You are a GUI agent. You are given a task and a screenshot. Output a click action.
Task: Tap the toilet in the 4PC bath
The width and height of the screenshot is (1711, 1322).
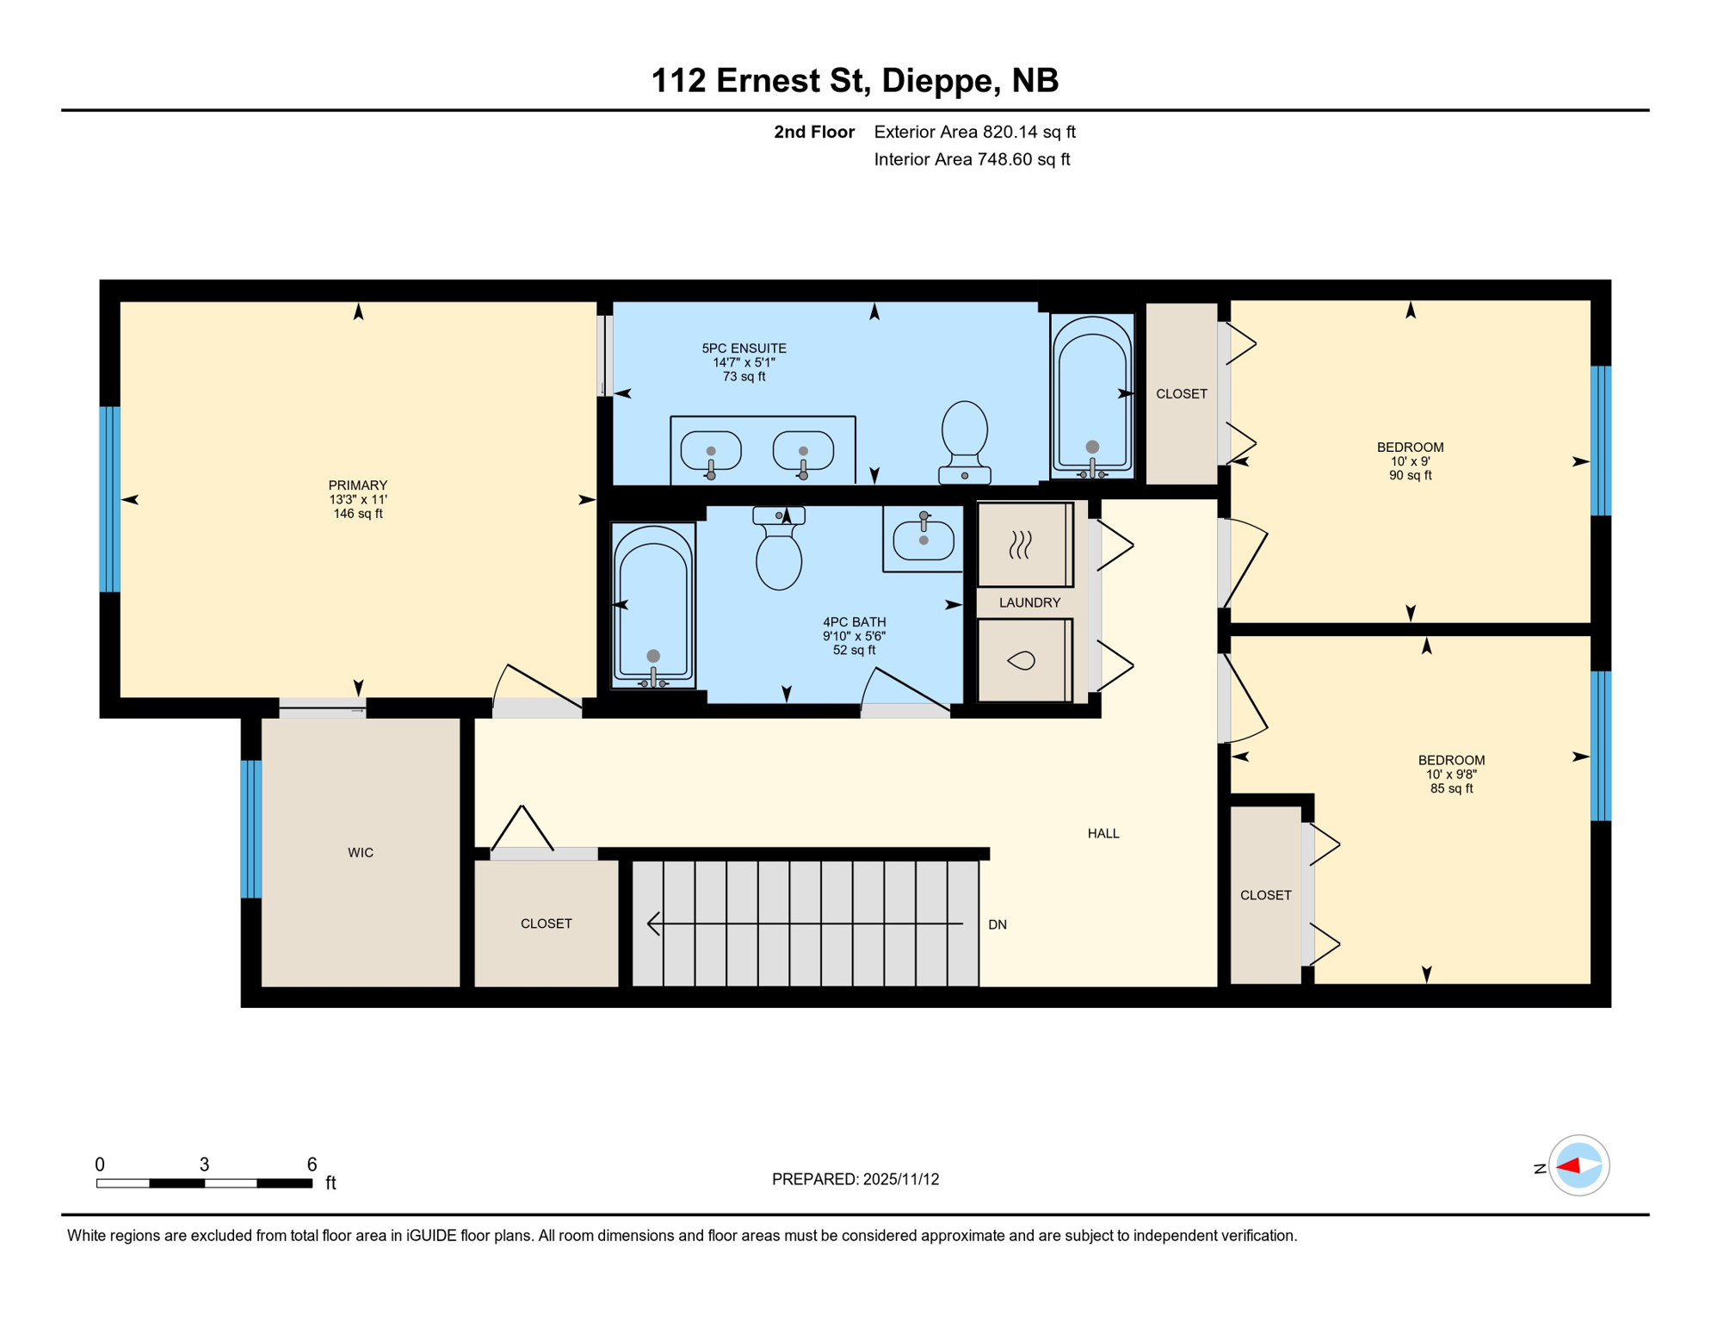[779, 551]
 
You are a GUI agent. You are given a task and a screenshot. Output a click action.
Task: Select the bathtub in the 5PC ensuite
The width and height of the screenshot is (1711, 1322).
[1092, 396]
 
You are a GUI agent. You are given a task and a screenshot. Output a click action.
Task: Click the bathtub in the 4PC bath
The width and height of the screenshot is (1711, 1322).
[653, 604]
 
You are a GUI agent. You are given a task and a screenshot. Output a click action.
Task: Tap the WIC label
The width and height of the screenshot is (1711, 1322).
[361, 853]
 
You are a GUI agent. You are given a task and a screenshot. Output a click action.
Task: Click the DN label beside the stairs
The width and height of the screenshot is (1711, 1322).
[998, 925]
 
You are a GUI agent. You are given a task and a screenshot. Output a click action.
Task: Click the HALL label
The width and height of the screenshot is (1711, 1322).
[1103, 834]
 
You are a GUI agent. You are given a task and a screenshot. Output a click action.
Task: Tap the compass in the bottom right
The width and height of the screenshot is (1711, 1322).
[1578, 1166]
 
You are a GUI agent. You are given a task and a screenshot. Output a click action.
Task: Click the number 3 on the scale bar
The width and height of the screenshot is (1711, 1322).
[204, 1164]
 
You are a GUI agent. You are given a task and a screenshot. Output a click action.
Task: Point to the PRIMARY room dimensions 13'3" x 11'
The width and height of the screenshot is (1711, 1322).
[358, 500]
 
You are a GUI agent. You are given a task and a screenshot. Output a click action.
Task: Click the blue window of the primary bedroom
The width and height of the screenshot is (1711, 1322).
[110, 499]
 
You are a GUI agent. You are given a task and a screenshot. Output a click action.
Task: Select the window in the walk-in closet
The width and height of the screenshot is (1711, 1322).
[251, 830]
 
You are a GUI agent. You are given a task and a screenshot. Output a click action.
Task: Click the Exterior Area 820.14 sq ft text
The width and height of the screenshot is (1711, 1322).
[974, 132]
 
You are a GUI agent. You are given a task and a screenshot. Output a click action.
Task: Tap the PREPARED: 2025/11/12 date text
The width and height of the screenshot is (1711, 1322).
[855, 1180]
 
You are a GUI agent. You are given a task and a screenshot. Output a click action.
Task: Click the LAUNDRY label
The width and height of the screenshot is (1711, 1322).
[1029, 602]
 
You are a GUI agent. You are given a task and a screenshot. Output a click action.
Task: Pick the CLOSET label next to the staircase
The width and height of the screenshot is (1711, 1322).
[547, 924]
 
